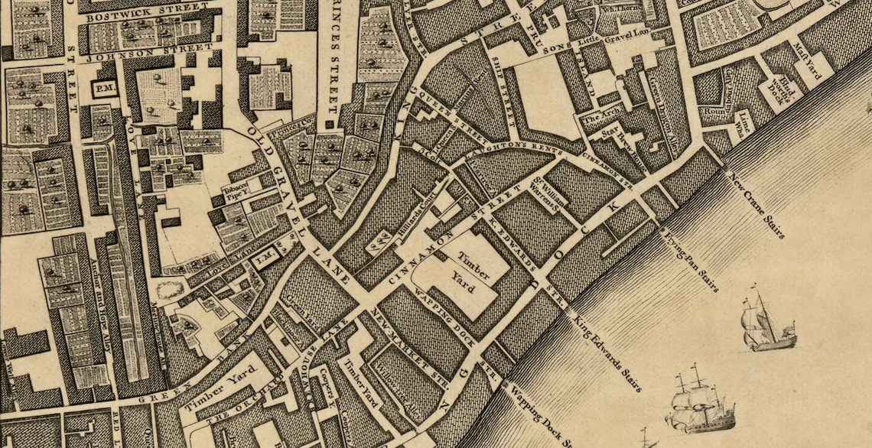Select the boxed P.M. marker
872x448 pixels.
[x=103, y=89]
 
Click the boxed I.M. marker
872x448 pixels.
[x=264, y=261]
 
